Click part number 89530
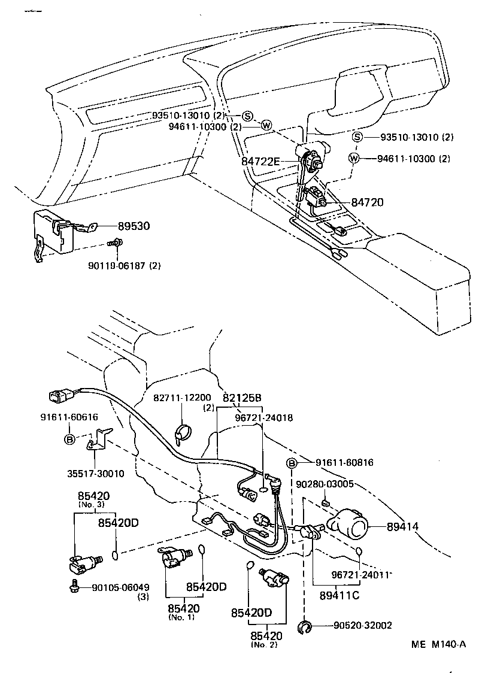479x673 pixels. (x=134, y=226)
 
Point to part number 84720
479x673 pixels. (x=366, y=203)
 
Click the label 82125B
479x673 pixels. (x=242, y=398)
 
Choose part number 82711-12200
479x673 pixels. (x=182, y=398)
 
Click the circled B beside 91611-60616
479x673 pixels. (x=69, y=438)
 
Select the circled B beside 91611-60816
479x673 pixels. (x=292, y=463)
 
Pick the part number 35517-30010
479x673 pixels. (x=96, y=473)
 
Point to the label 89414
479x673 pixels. (x=402, y=526)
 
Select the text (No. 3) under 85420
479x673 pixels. (x=92, y=504)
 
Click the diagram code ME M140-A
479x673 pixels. (x=438, y=644)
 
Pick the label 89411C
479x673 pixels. (x=339, y=596)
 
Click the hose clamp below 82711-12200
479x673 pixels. (x=182, y=432)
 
